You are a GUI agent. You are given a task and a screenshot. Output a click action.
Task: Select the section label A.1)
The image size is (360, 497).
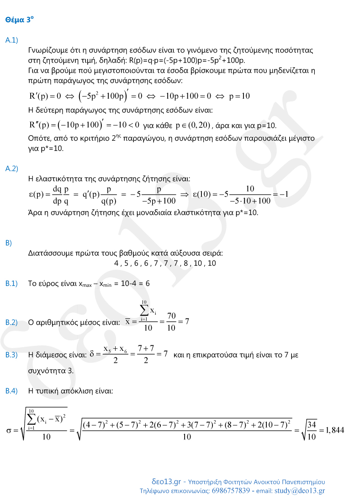point(11,41)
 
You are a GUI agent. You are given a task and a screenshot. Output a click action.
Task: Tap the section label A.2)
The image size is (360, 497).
point(11,169)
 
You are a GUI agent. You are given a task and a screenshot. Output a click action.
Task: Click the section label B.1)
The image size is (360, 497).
point(11,284)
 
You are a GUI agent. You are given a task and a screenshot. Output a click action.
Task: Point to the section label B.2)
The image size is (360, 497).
point(11,323)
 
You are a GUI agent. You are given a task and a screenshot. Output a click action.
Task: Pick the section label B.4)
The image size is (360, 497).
point(11,391)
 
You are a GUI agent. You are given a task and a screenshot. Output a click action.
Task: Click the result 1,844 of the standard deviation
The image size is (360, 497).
point(331,431)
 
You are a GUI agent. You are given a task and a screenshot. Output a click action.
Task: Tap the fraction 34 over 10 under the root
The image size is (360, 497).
point(311,431)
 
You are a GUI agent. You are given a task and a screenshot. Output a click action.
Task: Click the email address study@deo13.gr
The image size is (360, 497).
point(299,491)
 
